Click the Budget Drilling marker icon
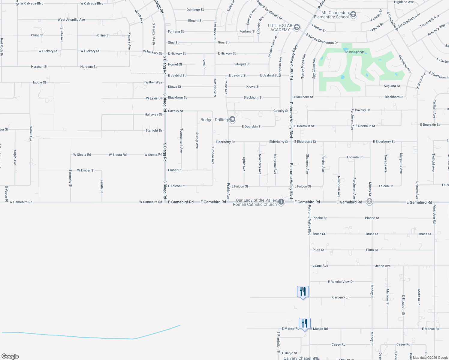coord(232,120)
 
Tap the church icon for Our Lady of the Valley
coord(281,202)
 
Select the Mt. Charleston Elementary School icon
coord(353,15)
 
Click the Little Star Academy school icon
coord(297,28)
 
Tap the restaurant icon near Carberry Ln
coord(303,292)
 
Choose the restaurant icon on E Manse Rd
coord(305,323)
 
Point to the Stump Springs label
coord(354,52)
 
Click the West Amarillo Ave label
coord(71,19)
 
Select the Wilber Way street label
coord(154,82)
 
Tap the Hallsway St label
coord(153,114)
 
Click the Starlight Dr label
coord(154,130)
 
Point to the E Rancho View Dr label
coord(341,282)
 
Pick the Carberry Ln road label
coord(341,297)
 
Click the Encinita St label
coord(354,157)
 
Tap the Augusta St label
coord(392,86)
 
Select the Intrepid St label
coord(242,64)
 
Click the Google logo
coord(10,356)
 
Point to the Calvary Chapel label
coord(297,358)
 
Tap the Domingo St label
coord(195,10)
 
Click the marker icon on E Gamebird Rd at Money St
coord(369,202)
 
